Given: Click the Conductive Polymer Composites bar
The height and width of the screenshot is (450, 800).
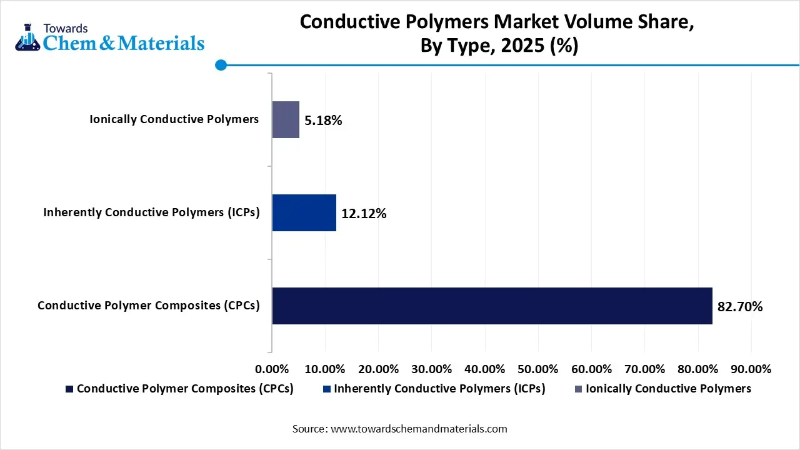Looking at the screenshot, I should point(492,306).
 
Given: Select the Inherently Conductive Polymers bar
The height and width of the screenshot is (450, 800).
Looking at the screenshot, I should point(304,213).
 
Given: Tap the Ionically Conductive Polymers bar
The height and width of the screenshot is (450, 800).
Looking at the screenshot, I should point(286,119).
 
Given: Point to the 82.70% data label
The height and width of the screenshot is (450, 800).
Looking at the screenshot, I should point(740,306).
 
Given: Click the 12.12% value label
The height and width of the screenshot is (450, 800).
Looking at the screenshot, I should point(364,214).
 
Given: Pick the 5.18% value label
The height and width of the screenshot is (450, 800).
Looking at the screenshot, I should point(323,121).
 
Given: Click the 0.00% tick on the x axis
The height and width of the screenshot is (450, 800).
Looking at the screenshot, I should point(272,369).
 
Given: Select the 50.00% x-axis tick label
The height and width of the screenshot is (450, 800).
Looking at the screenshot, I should point(538,369).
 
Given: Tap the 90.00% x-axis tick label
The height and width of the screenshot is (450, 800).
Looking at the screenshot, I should point(751,369).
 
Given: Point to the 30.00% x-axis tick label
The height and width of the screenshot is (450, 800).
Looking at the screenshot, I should point(431,369).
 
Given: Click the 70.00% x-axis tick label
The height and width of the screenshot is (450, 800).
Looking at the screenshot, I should point(644,369).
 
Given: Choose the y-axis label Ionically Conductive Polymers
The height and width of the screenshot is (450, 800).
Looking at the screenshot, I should point(174,119).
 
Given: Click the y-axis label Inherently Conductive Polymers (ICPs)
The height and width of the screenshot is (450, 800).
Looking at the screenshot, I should point(151,212).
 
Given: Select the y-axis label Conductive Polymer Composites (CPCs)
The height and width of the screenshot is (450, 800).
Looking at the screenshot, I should point(148,306).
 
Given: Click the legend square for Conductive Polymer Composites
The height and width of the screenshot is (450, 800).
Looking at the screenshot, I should point(69,389).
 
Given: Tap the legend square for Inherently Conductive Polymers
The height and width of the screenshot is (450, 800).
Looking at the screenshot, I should point(327,389).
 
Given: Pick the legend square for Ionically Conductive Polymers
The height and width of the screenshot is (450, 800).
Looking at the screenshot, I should point(578,389).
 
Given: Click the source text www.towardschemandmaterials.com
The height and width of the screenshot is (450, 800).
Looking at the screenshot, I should point(418,429).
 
